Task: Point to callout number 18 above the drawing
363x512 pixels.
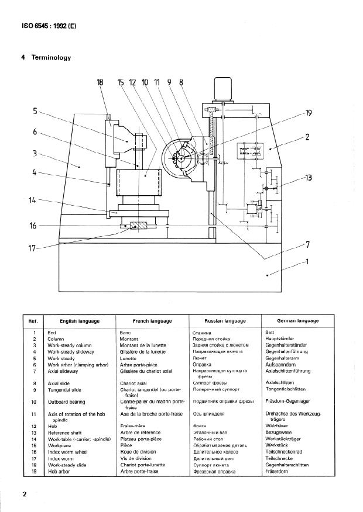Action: [x=100, y=82]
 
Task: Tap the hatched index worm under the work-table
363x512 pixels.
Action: [x=140, y=226]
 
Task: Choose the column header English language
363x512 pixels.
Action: [x=80, y=321]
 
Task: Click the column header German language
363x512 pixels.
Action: [x=298, y=321]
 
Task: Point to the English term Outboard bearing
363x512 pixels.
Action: [x=66, y=402]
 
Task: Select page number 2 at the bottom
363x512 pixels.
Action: [x=25, y=494]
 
